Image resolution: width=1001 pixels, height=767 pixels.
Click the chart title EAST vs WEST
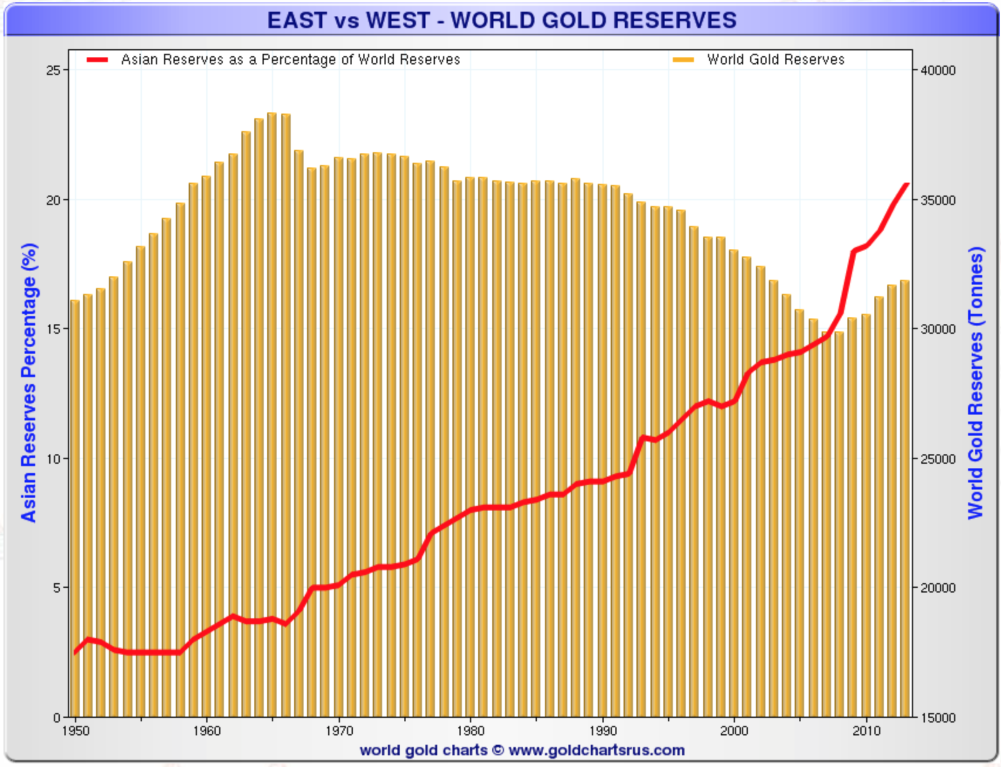(x=502, y=20)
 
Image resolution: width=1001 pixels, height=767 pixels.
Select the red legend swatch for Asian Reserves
(x=97, y=60)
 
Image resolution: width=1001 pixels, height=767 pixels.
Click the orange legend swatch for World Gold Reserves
(x=683, y=60)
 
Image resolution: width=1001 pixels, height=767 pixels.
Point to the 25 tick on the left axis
(x=53, y=70)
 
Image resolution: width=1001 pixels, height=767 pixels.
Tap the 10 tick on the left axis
(x=53, y=458)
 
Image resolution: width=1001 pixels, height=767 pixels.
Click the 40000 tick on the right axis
(x=938, y=70)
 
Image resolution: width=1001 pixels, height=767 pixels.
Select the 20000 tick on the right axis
(x=938, y=588)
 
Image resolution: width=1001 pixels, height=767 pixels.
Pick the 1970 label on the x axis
(x=339, y=731)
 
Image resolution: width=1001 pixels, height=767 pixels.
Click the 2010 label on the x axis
(x=867, y=731)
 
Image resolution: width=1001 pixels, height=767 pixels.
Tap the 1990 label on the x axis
(x=603, y=731)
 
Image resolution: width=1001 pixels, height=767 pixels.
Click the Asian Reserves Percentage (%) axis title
(x=29, y=382)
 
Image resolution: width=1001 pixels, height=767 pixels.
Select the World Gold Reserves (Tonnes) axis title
(x=975, y=382)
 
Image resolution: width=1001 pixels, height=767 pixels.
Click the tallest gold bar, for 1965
(x=272, y=410)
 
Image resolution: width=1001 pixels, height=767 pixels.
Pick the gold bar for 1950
(x=75, y=509)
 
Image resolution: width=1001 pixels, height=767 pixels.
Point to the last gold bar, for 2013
(x=905, y=498)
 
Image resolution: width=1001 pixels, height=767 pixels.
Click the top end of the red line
(x=907, y=184)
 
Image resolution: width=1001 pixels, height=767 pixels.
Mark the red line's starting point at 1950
(x=75, y=652)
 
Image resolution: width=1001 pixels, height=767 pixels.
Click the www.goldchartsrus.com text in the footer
(x=597, y=750)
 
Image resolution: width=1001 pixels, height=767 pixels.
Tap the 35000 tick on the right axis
(x=938, y=200)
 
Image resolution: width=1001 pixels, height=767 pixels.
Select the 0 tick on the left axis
(x=57, y=717)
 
